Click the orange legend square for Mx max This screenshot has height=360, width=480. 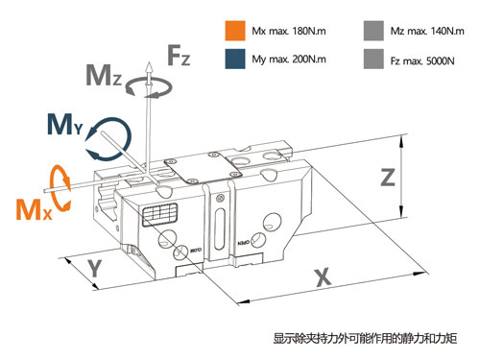point(235,31)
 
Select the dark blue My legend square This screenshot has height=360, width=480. point(235,59)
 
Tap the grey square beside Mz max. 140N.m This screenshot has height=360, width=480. point(373,31)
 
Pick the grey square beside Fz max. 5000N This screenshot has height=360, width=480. point(373,59)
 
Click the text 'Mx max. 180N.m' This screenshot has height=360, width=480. point(289,31)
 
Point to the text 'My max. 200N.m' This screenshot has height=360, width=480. point(289,60)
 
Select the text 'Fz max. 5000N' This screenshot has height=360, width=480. point(422,60)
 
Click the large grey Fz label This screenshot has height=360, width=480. point(179,55)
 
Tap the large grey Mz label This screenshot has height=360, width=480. point(104,75)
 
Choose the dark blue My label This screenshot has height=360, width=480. point(65,124)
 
